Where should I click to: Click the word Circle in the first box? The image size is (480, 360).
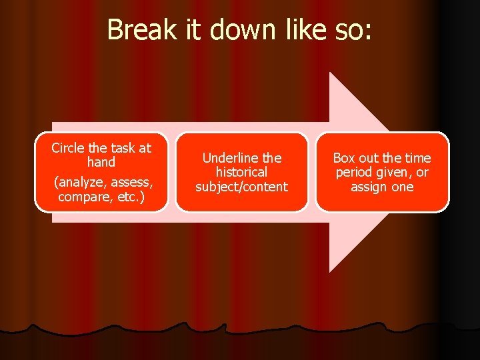click(x=68, y=148)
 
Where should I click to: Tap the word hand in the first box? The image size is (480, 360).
click(x=101, y=162)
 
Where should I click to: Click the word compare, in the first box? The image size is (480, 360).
click(x=83, y=198)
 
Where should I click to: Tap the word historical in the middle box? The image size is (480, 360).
click(x=241, y=172)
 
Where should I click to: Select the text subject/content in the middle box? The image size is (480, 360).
click(x=241, y=187)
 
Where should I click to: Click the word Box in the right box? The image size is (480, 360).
click(x=344, y=158)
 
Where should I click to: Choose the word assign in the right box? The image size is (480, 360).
click(x=369, y=187)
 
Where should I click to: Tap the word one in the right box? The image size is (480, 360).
click(x=403, y=187)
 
